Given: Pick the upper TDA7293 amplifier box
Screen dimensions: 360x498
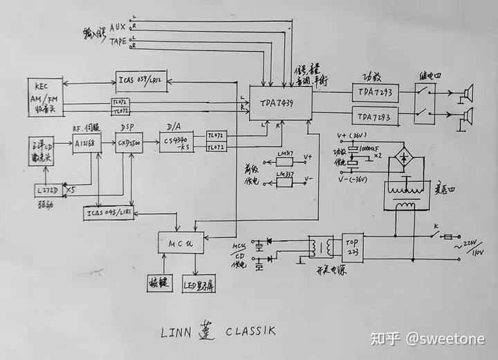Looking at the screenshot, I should [x=375, y=92].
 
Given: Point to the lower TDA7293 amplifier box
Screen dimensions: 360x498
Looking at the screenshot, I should [x=375, y=117].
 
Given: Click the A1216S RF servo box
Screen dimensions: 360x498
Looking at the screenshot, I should [x=87, y=143].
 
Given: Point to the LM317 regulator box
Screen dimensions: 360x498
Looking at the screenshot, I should [x=284, y=161].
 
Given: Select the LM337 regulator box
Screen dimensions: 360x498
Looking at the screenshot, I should [x=284, y=181].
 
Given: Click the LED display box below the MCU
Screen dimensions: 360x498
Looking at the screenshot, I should [x=199, y=284].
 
